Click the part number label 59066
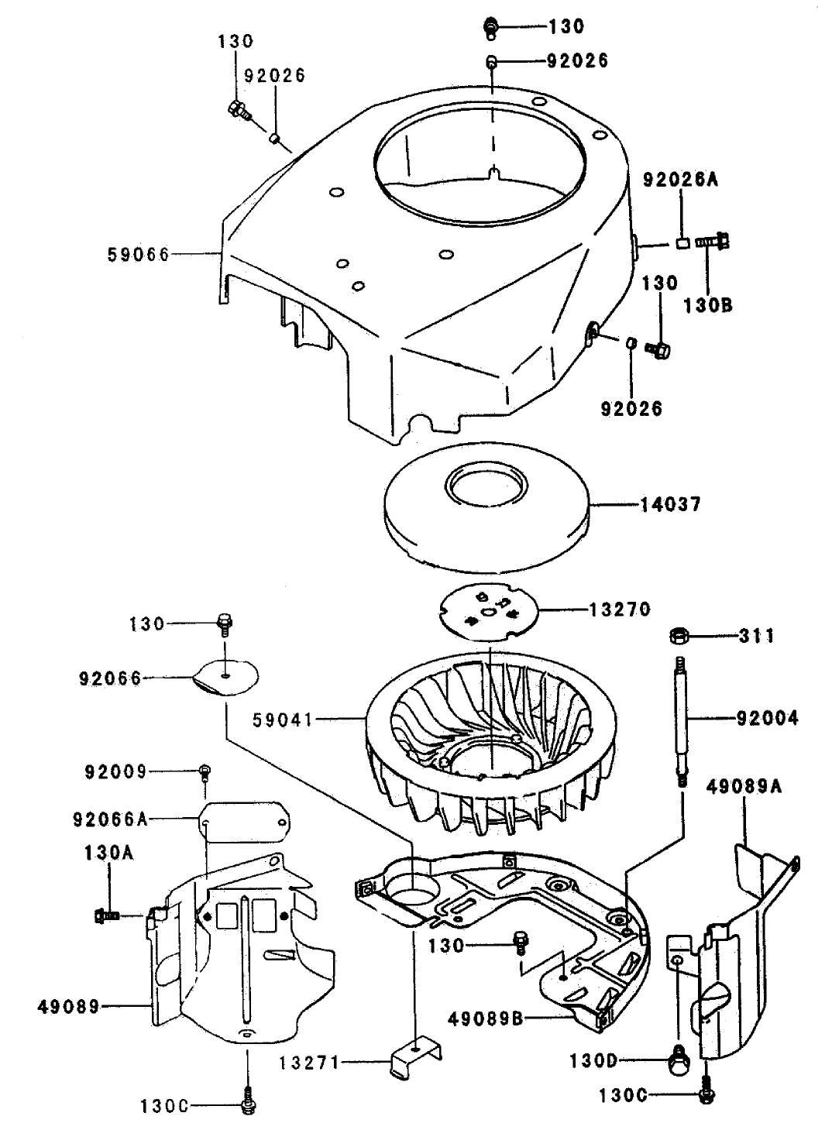pos(139,254)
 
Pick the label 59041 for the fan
pos(283,720)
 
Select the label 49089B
pos(486,1018)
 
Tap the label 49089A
pos(744,788)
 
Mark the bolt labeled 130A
pos(107,915)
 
